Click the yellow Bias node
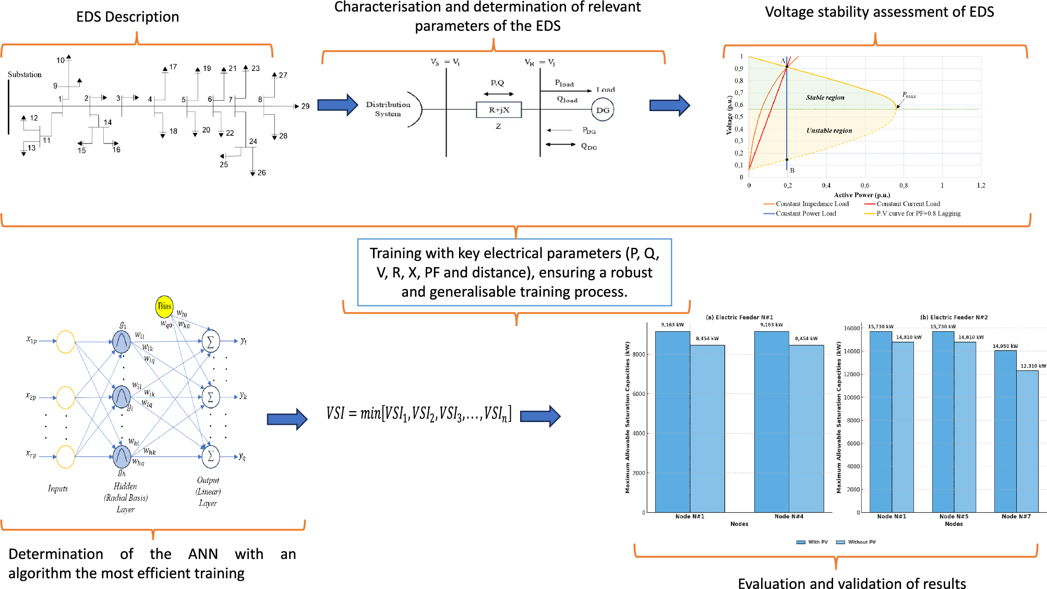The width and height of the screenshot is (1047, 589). [x=164, y=306]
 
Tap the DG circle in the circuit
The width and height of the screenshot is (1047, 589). [x=603, y=110]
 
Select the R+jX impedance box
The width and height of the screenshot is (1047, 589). [x=499, y=110]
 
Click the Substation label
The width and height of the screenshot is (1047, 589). [x=25, y=75]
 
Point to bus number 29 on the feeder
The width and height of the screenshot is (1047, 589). [x=305, y=106]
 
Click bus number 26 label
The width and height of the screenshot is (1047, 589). [x=261, y=173]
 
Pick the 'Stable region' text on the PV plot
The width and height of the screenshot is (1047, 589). [x=825, y=98]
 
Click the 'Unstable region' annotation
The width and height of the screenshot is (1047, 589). [x=829, y=130]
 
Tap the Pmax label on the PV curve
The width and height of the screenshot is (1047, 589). [x=909, y=95]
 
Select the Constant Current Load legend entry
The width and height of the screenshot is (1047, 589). [x=908, y=204]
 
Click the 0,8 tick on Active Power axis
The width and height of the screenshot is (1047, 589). [x=904, y=185]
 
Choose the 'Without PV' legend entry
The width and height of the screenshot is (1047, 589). [x=861, y=542]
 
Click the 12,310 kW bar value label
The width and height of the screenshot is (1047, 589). [x=1033, y=366]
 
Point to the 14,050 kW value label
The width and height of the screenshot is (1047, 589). [x=1005, y=346]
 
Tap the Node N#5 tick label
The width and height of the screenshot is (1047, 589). [x=954, y=516]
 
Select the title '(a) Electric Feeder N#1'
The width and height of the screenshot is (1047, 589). [x=739, y=317]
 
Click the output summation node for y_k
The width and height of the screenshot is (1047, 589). [x=211, y=397]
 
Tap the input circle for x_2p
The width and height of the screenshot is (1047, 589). [x=65, y=398]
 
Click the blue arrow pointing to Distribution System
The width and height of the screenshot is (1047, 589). [x=338, y=105]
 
